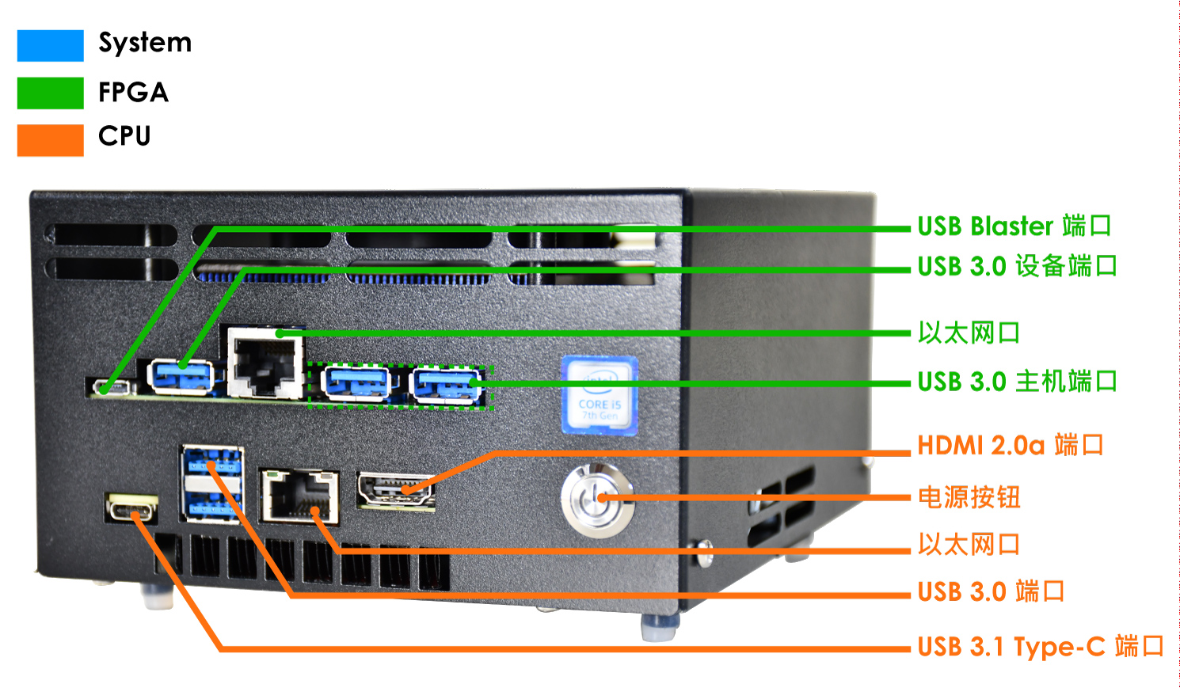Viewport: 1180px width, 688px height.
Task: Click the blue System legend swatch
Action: [x=50, y=45]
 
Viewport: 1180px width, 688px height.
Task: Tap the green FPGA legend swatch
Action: [x=50, y=93]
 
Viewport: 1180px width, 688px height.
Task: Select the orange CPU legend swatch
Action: [x=50, y=139]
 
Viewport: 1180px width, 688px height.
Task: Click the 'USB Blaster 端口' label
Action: [x=1014, y=226]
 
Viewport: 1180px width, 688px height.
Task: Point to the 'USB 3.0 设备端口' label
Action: [x=1017, y=267]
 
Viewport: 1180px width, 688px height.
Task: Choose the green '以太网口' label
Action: [x=969, y=333]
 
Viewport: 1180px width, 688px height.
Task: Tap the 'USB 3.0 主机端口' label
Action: [x=1017, y=382]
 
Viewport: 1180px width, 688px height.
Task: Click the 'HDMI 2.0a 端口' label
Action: [x=1010, y=446]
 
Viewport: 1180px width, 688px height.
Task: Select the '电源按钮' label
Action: [x=969, y=497]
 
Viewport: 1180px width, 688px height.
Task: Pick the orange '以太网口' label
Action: [x=969, y=545]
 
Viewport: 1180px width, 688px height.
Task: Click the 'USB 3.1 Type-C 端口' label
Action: [x=1040, y=647]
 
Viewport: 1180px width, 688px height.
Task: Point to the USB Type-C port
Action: [x=131, y=508]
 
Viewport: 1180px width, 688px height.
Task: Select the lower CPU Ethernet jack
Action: [x=299, y=496]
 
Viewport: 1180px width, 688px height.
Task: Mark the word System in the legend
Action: [x=145, y=43]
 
